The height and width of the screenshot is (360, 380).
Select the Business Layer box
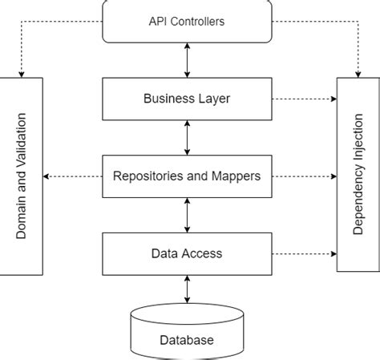click(x=188, y=99)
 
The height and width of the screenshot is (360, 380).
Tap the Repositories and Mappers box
click(x=188, y=176)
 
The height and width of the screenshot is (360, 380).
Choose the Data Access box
click(x=188, y=254)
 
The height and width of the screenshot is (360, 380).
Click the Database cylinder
click(x=188, y=333)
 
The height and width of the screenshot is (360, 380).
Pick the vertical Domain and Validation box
click(x=22, y=176)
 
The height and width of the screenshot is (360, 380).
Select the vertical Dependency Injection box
click(x=358, y=176)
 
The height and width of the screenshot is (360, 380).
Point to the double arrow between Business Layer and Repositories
click(x=188, y=138)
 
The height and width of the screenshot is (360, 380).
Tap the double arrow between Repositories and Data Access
click(x=188, y=216)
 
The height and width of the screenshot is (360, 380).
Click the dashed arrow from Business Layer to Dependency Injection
click(x=305, y=99)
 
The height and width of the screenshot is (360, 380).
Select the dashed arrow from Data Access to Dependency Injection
click(x=305, y=254)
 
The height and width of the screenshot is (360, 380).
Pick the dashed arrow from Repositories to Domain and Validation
click(x=74, y=176)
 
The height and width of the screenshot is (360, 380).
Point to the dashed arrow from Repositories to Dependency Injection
click(x=305, y=176)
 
